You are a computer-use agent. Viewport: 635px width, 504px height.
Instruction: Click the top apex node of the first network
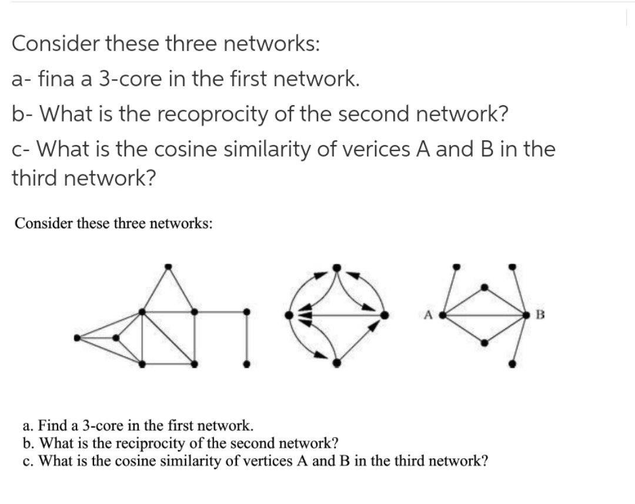[x=168, y=266]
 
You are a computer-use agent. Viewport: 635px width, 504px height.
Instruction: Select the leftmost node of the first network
[x=76, y=338]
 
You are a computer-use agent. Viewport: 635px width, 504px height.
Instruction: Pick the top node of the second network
[x=337, y=267]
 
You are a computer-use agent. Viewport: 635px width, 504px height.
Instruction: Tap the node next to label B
[x=527, y=315]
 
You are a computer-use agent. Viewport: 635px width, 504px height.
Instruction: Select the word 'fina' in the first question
[x=54, y=79]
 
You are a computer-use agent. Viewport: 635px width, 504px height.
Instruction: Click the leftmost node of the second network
[x=289, y=315]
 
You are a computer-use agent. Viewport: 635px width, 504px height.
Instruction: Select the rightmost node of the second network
[x=385, y=315]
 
